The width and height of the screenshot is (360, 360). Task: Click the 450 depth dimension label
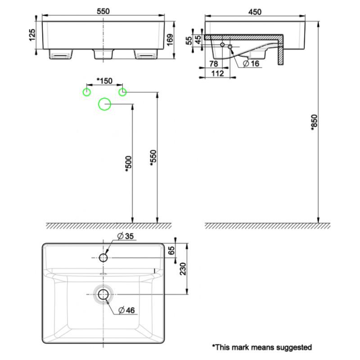pyautogui.click(x=254, y=11)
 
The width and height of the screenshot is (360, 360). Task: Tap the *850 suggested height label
pyautogui.click(x=314, y=122)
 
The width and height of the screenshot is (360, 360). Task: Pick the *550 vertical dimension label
pyautogui.click(x=152, y=157)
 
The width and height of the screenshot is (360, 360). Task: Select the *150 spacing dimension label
pyautogui.click(x=104, y=81)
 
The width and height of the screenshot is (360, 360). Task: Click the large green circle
pyautogui.click(x=104, y=104)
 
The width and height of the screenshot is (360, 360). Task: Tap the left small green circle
pyautogui.click(x=86, y=92)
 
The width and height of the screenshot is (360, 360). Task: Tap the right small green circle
pyautogui.click(x=122, y=92)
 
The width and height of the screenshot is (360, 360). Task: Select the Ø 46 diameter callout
pyautogui.click(x=126, y=310)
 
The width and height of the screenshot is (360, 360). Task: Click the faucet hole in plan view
pyautogui.click(x=103, y=257)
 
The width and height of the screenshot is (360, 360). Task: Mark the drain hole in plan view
pyautogui.click(x=103, y=294)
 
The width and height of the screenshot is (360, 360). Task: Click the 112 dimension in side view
pyautogui.click(x=217, y=74)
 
